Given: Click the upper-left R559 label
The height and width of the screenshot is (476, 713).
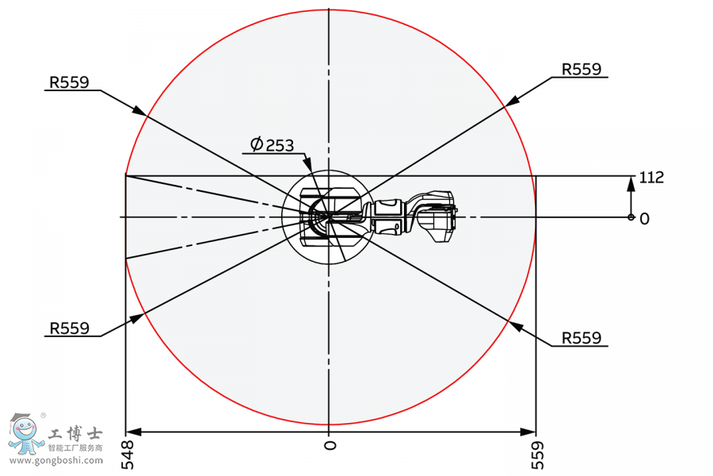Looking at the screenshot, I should pos(69,82).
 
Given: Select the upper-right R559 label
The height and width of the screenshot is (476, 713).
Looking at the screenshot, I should pos(581,69).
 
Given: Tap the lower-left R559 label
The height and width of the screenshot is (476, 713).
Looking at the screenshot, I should pos(69,328).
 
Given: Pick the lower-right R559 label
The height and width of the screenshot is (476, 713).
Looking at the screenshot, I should pos(581,337).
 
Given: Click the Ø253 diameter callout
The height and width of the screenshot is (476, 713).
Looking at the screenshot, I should pos(272,144).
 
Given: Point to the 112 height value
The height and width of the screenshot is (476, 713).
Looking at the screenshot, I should pos(651,178).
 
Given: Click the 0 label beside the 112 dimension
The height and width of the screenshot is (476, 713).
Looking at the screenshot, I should pos(644,218).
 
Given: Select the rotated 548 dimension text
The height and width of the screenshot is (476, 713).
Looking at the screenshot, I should pos(127,455).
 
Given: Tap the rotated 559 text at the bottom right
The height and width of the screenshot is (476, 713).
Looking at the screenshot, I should pos(536,455).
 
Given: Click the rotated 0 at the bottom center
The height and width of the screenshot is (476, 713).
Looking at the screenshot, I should pos(330,446).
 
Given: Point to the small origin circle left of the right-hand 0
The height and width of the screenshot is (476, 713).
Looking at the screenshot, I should pos(631,217).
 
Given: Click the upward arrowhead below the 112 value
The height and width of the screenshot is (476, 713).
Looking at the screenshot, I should pos(631,183).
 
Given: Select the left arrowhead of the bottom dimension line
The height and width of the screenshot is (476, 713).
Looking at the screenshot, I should pos(134,432).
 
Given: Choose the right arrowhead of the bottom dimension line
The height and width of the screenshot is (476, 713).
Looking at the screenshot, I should pos(528,432).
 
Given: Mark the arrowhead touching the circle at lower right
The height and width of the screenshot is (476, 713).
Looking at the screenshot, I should pos(515,325).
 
